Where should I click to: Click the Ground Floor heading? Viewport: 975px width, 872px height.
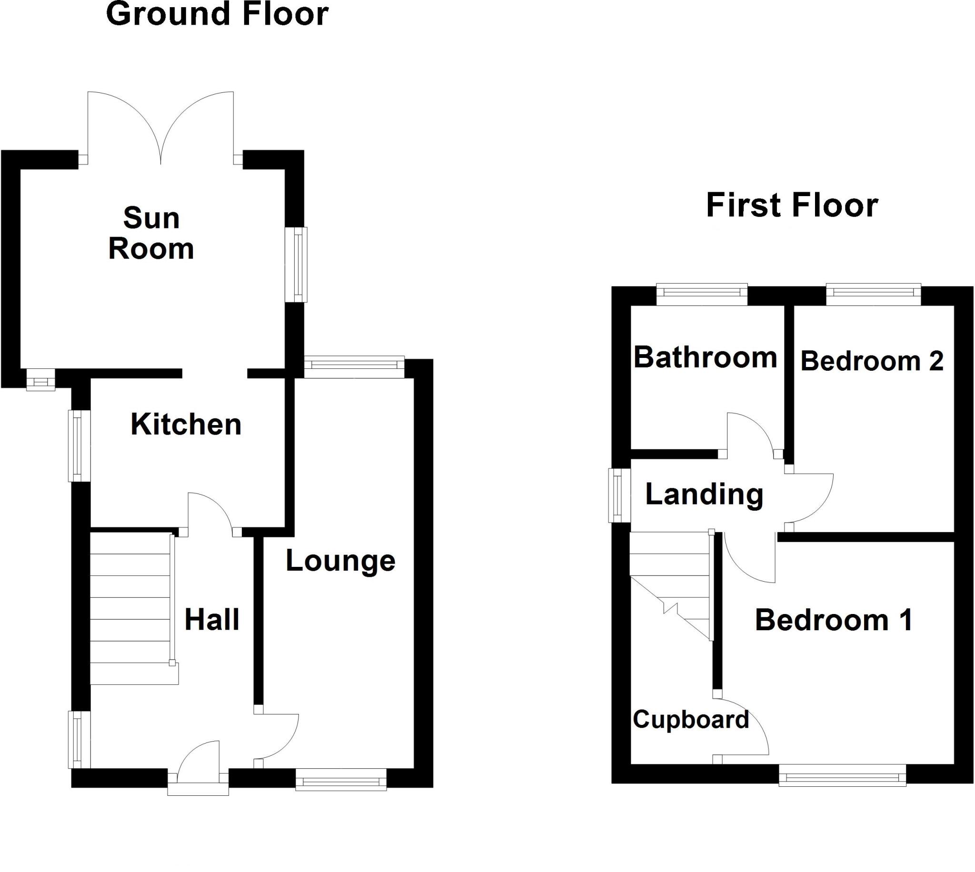pyautogui.click(x=217, y=14)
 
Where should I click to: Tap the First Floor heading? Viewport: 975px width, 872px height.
pyautogui.click(x=792, y=206)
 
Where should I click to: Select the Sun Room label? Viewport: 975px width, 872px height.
pyautogui.click(x=151, y=233)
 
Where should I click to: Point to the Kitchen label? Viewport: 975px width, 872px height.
pyautogui.click(x=186, y=425)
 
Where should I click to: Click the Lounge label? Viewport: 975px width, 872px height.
pyautogui.click(x=340, y=561)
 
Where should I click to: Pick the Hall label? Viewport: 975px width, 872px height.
pyautogui.click(x=212, y=620)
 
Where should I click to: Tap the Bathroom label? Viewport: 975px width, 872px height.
pyautogui.click(x=705, y=357)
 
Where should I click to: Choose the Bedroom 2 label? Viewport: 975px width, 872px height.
pyautogui.click(x=872, y=361)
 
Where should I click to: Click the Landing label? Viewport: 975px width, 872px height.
pyautogui.click(x=704, y=494)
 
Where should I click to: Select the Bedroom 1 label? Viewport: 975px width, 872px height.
pyautogui.click(x=834, y=620)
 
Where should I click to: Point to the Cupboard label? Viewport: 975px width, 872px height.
pyautogui.click(x=690, y=719)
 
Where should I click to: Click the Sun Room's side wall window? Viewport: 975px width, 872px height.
pyautogui.click(x=296, y=265)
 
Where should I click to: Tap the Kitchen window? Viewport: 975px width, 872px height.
pyautogui.click(x=80, y=446)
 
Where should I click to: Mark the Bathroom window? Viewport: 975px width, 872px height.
pyautogui.click(x=701, y=294)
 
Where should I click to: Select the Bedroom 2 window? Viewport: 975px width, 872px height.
pyautogui.click(x=874, y=294)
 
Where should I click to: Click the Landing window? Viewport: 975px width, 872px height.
pyautogui.click(x=619, y=495)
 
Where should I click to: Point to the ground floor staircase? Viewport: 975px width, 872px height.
pyautogui.click(x=130, y=608)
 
